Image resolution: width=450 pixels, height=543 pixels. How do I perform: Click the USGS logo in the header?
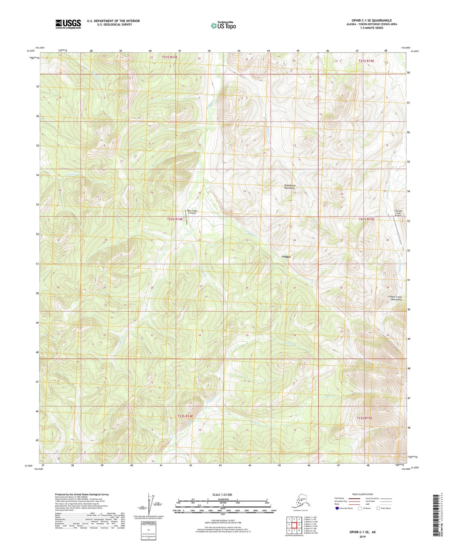pos(68,24)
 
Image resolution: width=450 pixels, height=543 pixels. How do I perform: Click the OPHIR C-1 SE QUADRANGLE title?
pos(369,21)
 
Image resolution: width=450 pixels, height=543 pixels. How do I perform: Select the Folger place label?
pos(286,257)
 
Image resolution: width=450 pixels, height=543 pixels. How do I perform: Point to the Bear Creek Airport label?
pos(192,212)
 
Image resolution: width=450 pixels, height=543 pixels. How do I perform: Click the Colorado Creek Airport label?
pos(398,213)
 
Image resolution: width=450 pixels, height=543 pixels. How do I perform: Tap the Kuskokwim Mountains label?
pos(290,187)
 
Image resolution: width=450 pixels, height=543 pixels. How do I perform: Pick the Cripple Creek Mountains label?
pos(394,298)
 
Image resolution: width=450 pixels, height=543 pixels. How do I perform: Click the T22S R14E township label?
pos(174,219)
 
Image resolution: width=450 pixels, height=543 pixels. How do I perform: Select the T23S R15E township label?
pos(364,418)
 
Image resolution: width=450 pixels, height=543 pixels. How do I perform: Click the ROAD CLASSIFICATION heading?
pos(363,494)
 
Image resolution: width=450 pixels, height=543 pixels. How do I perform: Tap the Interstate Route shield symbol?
pos(337,508)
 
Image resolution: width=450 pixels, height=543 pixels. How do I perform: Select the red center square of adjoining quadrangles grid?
pos(294,525)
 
